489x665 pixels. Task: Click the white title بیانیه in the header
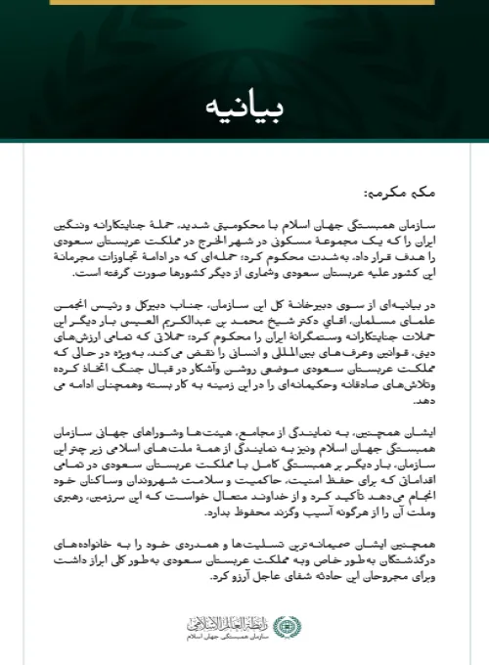[244, 105]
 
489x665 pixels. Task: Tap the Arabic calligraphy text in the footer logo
[227, 620]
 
